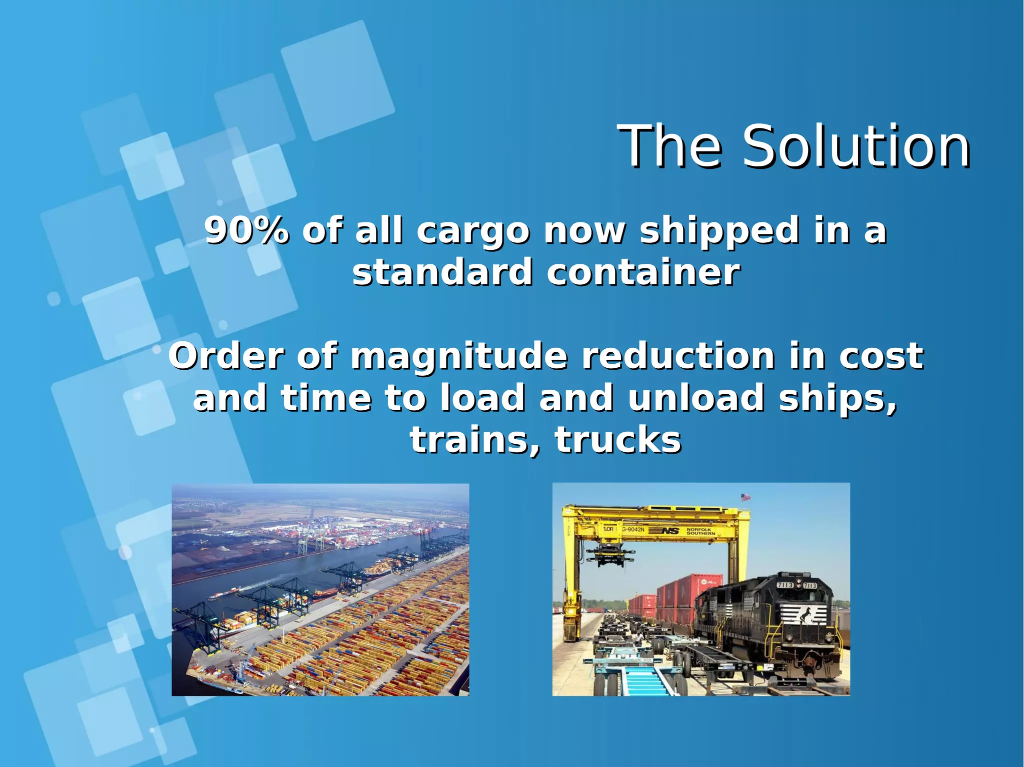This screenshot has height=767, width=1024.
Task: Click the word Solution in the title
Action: coord(856,147)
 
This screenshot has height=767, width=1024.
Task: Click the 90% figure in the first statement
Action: coord(246,231)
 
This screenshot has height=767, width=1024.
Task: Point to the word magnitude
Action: coord(459,357)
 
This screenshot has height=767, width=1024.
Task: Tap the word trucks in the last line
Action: coord(618,440)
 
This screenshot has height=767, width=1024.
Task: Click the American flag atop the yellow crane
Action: coord(745,497)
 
